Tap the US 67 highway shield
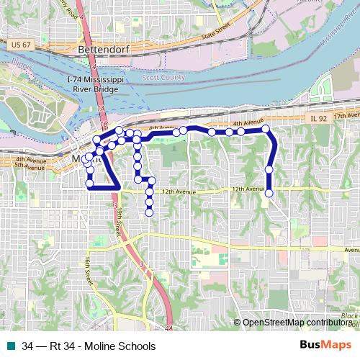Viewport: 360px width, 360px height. coord(19,45)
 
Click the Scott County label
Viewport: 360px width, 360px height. coord(168,77)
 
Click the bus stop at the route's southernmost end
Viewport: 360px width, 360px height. coord(149,212)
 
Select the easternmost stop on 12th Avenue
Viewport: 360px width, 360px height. coord(269,193)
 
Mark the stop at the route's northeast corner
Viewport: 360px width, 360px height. coord(266,129)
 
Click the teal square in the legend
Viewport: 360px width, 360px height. coord(10,346)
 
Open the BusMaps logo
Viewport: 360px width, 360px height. coord(324,345)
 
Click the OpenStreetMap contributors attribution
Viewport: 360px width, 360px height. coord(298,323)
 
